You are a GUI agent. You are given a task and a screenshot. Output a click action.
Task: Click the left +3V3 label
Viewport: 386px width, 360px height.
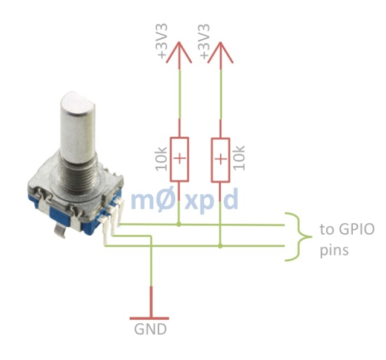162,42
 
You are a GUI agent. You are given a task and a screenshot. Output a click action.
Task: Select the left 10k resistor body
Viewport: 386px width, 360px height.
179,159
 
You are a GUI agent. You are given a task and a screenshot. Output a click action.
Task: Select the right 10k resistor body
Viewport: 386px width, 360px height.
221,159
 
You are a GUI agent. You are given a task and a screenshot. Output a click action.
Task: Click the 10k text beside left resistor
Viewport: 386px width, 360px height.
160,158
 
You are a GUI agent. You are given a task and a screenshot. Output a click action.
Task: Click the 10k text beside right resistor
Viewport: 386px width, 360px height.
239,158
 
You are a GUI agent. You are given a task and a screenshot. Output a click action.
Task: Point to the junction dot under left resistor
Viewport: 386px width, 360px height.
179,224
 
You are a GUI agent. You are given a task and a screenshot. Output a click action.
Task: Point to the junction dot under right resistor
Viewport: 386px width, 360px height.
221,245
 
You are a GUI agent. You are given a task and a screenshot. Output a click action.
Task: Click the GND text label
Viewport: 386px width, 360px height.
150,329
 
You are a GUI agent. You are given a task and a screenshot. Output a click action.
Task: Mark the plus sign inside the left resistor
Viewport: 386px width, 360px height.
179,159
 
